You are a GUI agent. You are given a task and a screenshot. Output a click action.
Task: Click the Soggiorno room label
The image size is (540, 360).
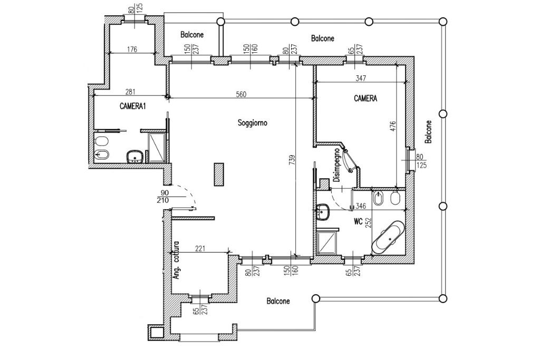253,123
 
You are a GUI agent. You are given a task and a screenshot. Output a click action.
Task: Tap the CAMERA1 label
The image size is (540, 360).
132,106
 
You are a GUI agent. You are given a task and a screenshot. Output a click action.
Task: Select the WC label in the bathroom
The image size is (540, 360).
358,222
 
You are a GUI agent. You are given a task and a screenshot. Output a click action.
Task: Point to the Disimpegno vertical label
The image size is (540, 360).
337,164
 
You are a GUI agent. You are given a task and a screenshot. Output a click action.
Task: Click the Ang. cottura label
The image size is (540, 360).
176,260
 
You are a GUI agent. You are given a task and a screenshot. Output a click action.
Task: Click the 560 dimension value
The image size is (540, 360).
240,94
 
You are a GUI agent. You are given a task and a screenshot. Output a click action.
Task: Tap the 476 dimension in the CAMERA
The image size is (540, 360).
393,127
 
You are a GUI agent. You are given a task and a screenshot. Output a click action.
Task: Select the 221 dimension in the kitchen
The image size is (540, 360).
200,248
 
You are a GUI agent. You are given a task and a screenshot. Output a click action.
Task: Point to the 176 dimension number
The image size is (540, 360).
132,49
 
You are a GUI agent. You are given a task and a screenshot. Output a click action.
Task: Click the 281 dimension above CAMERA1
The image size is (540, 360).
130,92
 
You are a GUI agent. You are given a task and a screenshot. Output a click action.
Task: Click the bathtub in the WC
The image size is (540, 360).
388,238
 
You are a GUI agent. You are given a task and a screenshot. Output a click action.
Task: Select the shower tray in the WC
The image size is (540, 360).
326,242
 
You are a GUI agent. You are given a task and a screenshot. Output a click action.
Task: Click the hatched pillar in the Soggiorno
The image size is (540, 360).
219,174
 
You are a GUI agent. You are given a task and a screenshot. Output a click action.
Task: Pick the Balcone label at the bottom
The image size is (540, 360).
278,301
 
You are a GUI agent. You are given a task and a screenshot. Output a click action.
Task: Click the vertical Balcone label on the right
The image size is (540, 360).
428,132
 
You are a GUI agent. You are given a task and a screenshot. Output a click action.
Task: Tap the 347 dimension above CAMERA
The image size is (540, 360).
361,78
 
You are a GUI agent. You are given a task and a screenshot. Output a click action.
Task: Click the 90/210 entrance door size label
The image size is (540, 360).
162,197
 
